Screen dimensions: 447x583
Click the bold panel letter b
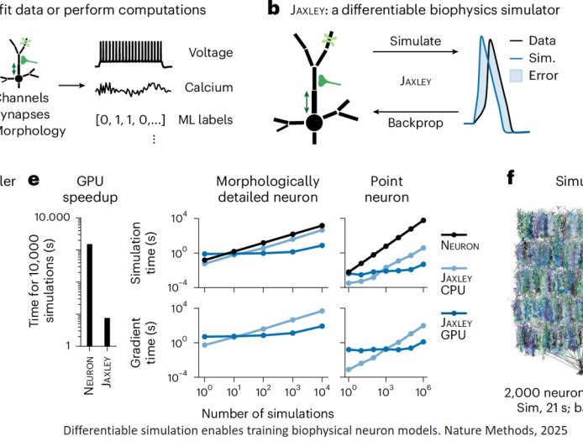tap(273, 10)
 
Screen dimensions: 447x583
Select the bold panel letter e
tap(34, 179)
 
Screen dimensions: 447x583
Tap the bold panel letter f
tap(511, 179)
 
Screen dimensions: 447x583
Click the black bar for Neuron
tap(89, 294)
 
